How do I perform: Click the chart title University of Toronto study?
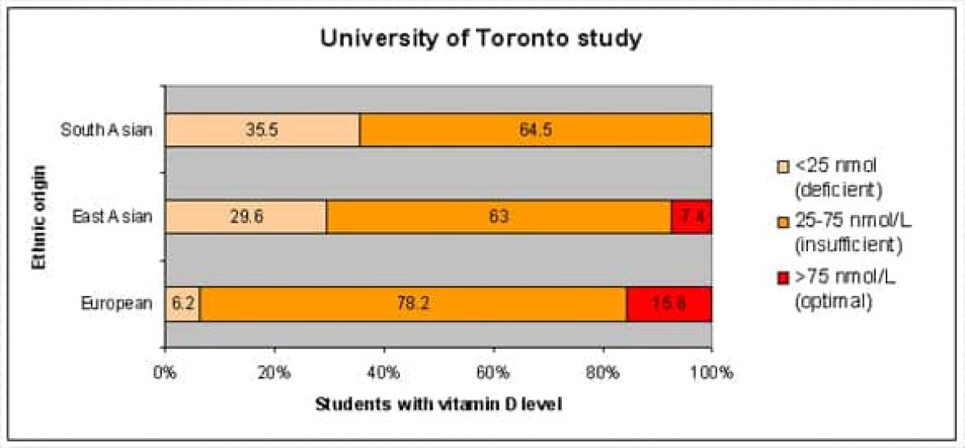(482, 38)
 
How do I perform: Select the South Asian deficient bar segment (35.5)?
(263, 129)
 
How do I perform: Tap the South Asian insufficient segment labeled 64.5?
(536, 129)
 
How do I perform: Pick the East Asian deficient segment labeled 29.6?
(246, 217)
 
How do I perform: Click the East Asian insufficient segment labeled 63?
(499, 217)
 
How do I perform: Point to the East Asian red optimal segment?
(691, 217)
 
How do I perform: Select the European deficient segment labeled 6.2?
(182, 304)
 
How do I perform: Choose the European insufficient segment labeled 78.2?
(413, 304)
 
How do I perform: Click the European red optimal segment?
(669, 304)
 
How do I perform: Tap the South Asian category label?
(106, 129)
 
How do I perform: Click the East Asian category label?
(111, 217)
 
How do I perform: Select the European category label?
(117, 304)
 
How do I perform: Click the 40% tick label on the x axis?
(384, 373)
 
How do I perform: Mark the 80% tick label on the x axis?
(603, 373)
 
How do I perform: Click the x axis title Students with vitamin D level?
(438, 404)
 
